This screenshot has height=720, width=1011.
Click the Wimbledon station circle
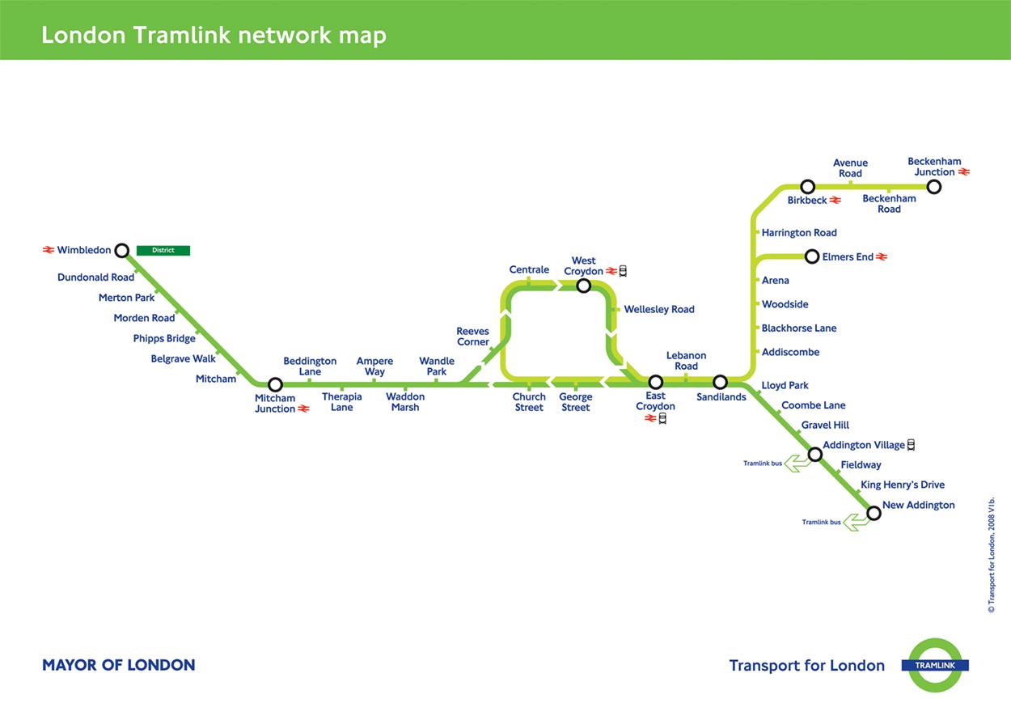[x=122, y=251]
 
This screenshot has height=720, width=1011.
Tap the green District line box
[x=163, y=251]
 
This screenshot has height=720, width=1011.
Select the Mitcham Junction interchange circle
[x=275, y=385]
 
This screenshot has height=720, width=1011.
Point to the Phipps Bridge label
[x=164, y=339]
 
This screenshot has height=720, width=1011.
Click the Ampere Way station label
[x=374, y=366]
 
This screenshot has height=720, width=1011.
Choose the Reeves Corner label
[x=472, y=337]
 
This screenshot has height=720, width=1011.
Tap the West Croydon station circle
[x=584, y=286]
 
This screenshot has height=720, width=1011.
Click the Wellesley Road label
[x=659, y=310]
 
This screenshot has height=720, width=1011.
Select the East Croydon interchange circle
[x=656, y=382]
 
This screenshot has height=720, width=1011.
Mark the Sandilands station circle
[x=720, y=382]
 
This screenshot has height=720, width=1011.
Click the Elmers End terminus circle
[x=812, y=257]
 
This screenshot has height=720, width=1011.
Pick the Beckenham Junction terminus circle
[x=934, y=187]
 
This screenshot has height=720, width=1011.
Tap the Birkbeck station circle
[x=807, y=187]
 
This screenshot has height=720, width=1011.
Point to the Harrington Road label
[x=799, y=233]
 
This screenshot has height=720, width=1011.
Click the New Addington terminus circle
[x=874, y=513]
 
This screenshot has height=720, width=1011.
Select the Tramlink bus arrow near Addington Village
[x=797, y=464]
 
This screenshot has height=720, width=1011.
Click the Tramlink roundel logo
[x=935, y=665]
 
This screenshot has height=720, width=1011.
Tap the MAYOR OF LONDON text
[x=118, y=666]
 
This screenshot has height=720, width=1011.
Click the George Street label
[x=576, y=402]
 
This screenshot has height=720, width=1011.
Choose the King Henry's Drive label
[x=903, y=485]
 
